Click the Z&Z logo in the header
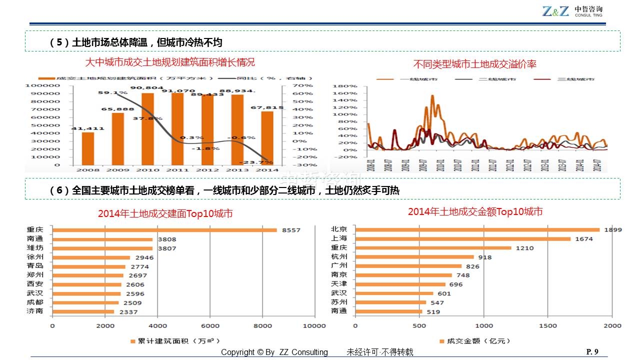[x=555, y=11]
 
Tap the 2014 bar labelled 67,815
[x=267, y=138]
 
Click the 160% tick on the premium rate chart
[x=348, y=93]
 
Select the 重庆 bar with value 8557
[x=165, y=230]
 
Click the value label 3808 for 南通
[x=167, y=239]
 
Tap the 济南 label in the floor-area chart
[x=35, y=311]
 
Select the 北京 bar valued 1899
[x=477, y=230]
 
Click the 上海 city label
[x=338, y=238]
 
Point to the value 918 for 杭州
[x=485, y=257]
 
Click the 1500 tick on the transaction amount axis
[x=548, y=325]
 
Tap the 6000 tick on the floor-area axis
[x=210, y=325]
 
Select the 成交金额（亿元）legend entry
[x=474, y=341]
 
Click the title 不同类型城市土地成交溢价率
[x=475, y=64]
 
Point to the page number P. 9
[x=592, y=351]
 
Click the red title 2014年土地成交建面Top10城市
[x=165, y=214]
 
